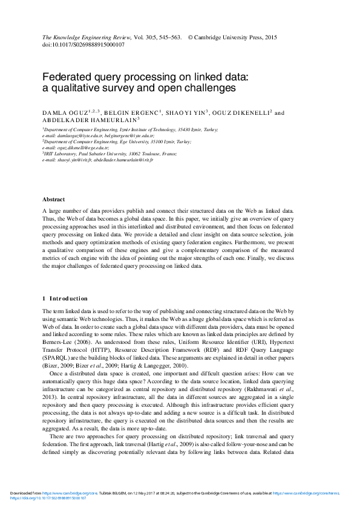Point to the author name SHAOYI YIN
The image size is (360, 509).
[x=184, y=112]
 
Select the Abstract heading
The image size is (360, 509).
[x=54, y=199]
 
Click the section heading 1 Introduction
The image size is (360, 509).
[x=65, y=298]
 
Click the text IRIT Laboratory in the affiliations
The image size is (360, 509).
[x=65, y=155]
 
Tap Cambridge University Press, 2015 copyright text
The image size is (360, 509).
[x=236, y=37]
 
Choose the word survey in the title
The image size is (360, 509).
[x=122, y=88]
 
